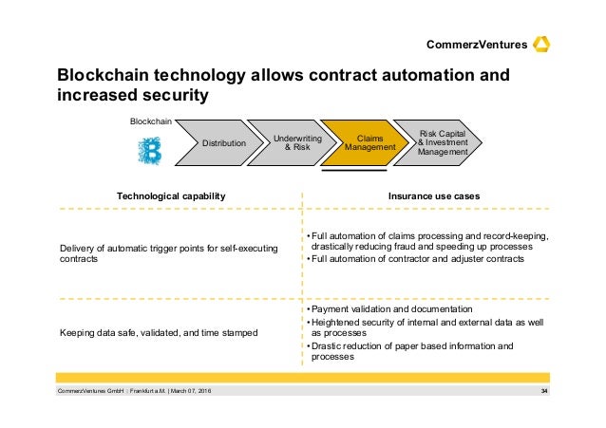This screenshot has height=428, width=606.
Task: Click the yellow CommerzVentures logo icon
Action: (543, 44)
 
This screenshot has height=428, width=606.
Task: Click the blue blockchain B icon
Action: (150, 152)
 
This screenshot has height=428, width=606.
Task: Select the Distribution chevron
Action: (222, 143)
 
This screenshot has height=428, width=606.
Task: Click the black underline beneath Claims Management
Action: (356, 172)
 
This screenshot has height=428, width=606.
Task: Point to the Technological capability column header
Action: (170, 195)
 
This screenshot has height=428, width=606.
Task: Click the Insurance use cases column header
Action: (433, 195)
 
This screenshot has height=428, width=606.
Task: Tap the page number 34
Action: (544, 392)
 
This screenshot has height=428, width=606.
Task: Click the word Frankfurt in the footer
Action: (125, 392)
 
